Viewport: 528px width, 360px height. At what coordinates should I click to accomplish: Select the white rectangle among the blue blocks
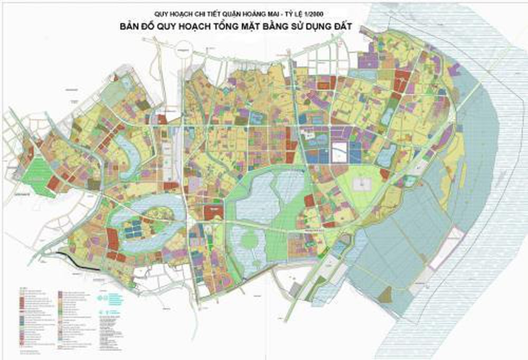tap(340, 151)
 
